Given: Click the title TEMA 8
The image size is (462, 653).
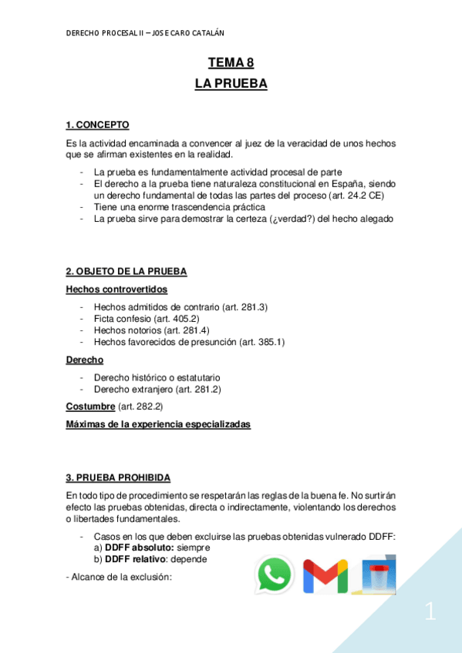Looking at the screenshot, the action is tap(231, 65).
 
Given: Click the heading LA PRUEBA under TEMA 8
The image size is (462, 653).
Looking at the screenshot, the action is tap(231, 85).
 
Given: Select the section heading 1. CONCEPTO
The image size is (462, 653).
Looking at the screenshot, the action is tap(98, 125).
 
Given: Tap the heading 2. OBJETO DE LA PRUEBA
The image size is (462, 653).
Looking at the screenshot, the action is tap(126, 272).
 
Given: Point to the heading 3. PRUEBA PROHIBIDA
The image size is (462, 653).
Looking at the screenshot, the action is tap(119, 477).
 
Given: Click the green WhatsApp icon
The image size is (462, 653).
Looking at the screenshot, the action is tap(275, 574).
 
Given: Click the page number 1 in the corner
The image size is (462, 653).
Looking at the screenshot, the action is tap(430, 614).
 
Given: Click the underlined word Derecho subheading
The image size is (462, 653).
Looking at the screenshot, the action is tap(85, 360).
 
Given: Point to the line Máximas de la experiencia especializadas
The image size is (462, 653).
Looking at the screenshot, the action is tap(158, 424).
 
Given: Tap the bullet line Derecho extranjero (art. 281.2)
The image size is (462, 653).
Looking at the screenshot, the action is tap(157, 389).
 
